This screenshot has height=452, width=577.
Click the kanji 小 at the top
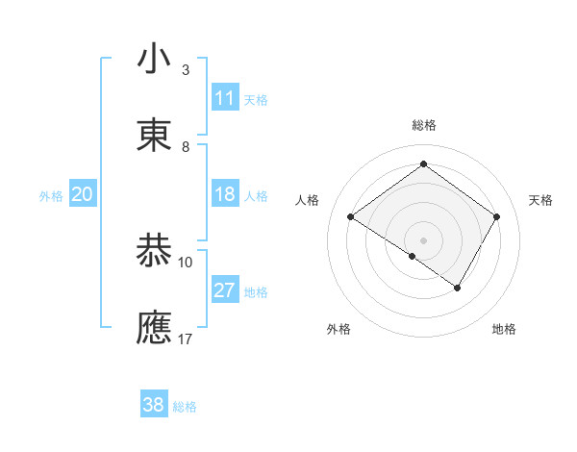pyautogui.click(x=155, y=60)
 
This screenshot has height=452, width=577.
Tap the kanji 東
pyautogui.click(x=155, y=136)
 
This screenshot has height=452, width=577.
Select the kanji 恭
pyautogui.click(x=155, y=250)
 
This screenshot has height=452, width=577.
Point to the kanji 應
pyautogui.click(x=155, y=327)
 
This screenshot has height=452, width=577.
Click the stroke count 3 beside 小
pyautogui.click(x=186, y=70)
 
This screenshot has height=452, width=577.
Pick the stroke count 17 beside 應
pyautogui.click(x=186, y=339)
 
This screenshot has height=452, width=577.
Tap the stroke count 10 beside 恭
pyautogui.click(x=186, y=262)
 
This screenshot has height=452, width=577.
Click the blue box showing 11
pyautogui.click(x=225, y=98)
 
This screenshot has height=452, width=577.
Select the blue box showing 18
pyautogui.click(x=225, y=194)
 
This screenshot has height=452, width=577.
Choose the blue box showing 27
pyautogui.click(x=225, y=290)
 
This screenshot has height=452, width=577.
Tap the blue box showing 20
pyautogui.click(x=83, y=194)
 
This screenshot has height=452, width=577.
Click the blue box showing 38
pyautogui.click(x=154, y=405)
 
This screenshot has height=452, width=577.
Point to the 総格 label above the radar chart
pyautogui.click(x=424, y=125)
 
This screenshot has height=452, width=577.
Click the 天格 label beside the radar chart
pyautogui.click(x=540, y=200)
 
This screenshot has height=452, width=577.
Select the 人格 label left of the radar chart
pyautogui.click(x=308, y=200)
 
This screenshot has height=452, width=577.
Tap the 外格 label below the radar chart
pyautogui.click(x=339, y=329)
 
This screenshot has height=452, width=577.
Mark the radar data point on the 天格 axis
pyautogui.click(x=497, y=216)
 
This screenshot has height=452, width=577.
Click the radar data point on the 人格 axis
pyautogui.click(x=351, y=217)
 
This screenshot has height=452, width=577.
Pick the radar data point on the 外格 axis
pyautogui.click(x=413, y=256)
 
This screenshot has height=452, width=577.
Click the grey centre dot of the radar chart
pyautogui.click(x=424, y=239)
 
